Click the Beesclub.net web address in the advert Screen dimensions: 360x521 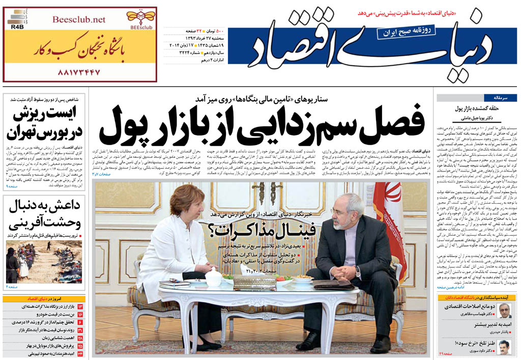coord(79,19)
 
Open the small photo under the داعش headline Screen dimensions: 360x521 coord(44,262)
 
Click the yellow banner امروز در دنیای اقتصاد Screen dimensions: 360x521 coord(44,298)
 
